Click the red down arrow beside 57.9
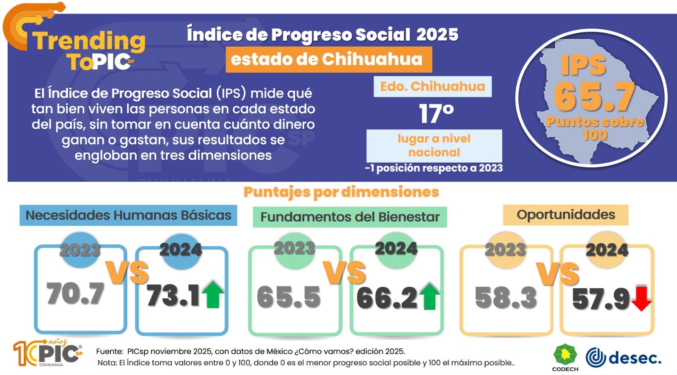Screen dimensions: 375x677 coord(641,298)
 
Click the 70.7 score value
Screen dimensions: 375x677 coord(75,293)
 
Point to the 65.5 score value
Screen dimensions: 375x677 coord(289,297)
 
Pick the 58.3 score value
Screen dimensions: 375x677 coord(506,297)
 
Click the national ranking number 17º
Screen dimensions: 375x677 coord(436,114)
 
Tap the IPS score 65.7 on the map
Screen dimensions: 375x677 coord(594,96)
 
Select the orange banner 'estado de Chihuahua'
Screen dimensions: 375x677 coord(328,59)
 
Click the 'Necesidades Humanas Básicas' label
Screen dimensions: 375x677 coord(128,215)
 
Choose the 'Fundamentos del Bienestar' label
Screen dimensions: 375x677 coord(350,217)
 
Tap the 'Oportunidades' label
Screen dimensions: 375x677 coord(565,215)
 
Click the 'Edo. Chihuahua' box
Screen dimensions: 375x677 coord(432,86)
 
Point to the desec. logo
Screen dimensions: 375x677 coord(623,358)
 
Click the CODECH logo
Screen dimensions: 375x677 coord(565,358)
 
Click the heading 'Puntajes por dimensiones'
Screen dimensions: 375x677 coord(341,192)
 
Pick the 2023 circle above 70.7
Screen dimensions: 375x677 coord(80,250)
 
